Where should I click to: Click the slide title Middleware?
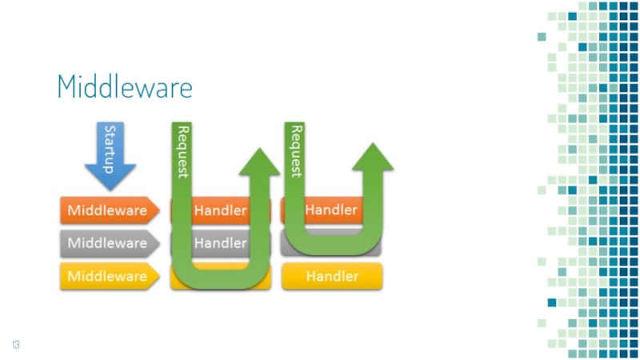[x=125, y=86]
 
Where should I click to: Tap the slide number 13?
[x=15, y=345]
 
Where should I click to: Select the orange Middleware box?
[x=107, y=211]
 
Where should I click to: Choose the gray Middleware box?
[x=107, y=243]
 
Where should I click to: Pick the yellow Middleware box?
[x=107, y=276]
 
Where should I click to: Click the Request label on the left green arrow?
[x=182, y=150]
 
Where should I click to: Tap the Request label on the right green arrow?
[x=295, y=150]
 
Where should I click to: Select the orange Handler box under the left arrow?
[x=221, y=211]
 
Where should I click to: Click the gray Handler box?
[x=221, y=243]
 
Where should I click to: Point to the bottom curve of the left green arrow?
[x=220, y=276]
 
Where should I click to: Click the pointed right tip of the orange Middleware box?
[x=158, y=211]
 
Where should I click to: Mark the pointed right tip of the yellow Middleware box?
[x=158, y=276]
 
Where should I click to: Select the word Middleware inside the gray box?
[x=107, y=243]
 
